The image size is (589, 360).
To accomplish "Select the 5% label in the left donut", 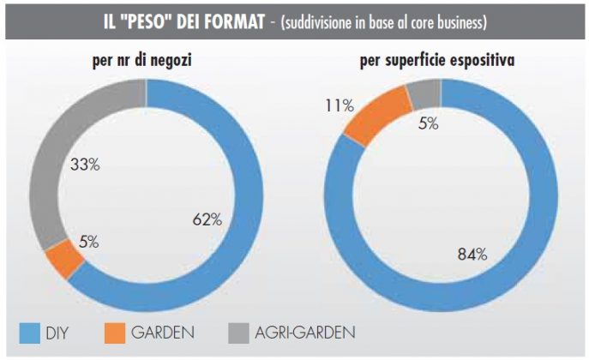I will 88,242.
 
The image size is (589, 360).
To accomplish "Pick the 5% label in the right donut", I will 429,123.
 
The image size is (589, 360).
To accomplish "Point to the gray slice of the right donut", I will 423,91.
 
